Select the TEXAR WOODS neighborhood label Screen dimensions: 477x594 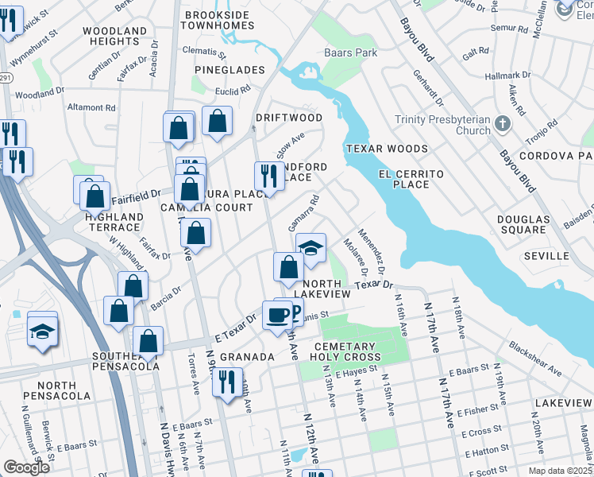(x=386, y=149)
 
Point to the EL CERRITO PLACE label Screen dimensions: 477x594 (x=404, y=179)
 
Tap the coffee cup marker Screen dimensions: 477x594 (x=278, y=314)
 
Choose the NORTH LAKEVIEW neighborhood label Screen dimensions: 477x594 (x=326, y=289)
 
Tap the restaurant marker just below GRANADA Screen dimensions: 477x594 (x=227, y=382)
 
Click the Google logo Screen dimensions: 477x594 (x=26, y=467)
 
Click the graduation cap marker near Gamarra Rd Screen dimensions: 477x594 (x=311, y=247)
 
